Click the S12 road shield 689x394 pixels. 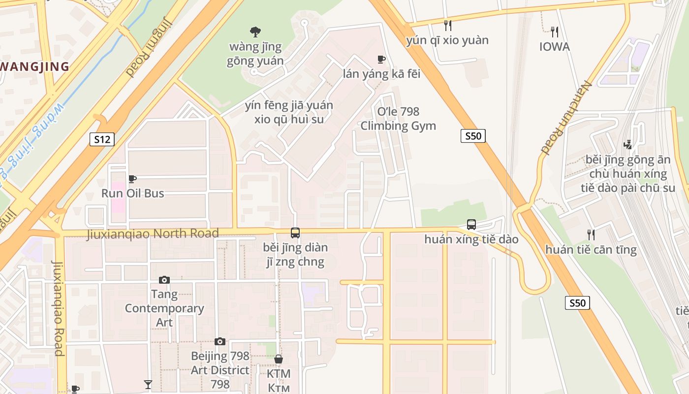[102, 139]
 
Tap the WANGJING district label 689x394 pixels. [34, 66]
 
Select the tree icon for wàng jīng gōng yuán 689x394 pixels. [255, 33]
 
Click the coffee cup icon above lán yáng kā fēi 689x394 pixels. [381, 60]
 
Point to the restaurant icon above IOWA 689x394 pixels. [555, 33]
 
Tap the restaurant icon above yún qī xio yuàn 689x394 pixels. [447, 25]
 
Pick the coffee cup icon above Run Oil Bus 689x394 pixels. [132, 179]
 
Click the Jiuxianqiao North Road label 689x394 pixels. [153, 233]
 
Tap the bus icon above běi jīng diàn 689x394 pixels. [295, 233]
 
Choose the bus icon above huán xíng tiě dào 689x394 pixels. [471, 225]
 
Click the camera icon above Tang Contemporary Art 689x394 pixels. [164, 280]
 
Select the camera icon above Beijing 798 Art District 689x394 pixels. [220, 341]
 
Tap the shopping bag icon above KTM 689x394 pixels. [279, 359]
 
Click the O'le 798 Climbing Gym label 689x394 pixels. [398, 119]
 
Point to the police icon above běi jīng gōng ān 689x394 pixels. [627, 145]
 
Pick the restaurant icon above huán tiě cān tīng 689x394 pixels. [591, 235]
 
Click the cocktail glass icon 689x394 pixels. [148, 385]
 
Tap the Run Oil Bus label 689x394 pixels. [133, 193]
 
